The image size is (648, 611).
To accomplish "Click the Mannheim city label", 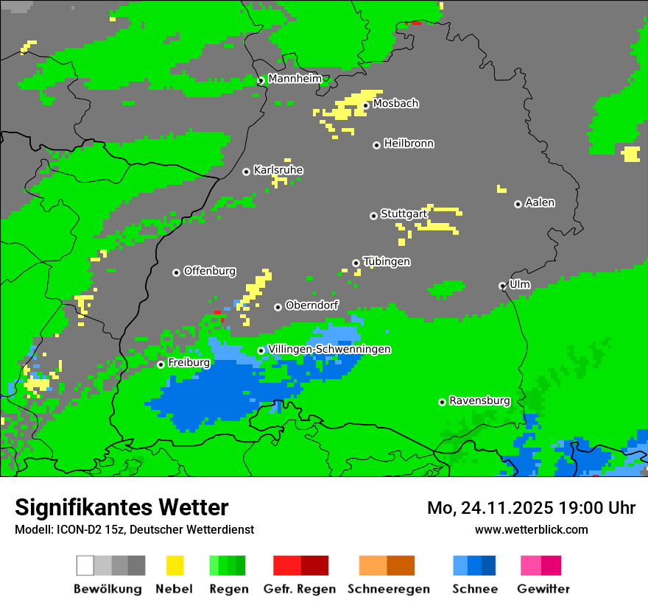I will (x=295, y=79).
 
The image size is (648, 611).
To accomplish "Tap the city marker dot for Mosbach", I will (x=365, y=105).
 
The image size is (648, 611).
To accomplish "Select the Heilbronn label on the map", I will (x=409, y=144).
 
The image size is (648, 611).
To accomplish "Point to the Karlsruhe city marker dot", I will (x=246, y=172).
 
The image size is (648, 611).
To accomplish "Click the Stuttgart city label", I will (x=404, y=214).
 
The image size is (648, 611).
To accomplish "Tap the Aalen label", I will (x=540, y=202).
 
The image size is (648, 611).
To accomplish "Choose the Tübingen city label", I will (x=387, y=261).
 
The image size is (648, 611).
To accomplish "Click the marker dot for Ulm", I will (x=502, y=286).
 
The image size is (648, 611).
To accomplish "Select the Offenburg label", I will (x=209, y=271).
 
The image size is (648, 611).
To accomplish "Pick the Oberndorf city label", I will (x=311, y=305).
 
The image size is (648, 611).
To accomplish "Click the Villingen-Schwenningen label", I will (x=329, y=349).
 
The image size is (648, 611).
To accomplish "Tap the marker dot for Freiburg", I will (x=161, y=364).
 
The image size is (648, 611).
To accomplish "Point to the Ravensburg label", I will (x=479, y=400).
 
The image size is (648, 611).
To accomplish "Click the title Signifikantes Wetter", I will (x=121, y=507).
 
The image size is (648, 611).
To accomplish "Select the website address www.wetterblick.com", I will (x=531, y=529).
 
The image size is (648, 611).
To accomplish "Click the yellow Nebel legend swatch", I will (x=175, y=565).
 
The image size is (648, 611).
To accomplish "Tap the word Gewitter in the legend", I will (x=543, y=589).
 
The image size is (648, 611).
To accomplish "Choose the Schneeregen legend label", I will (x=388, y=589).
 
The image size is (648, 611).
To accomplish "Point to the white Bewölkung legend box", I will (x=85, y=565).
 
